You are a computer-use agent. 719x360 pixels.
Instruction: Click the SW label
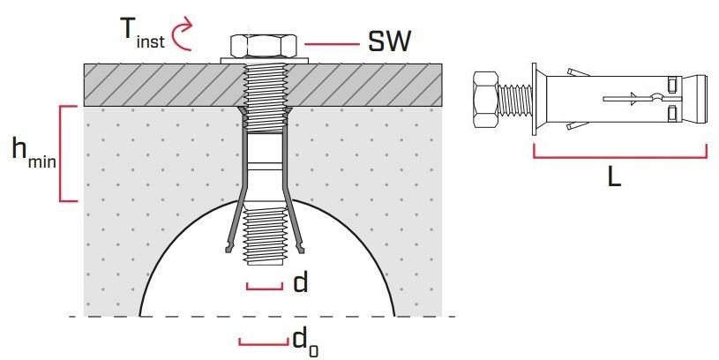click(388, 41)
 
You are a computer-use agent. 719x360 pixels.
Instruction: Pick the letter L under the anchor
click(616, 176)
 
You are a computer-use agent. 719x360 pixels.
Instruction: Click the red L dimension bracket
click(619, 156)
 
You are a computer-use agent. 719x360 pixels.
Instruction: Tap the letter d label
click(300, 282)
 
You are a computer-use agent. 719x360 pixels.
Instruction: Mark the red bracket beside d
click(264, 287)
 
